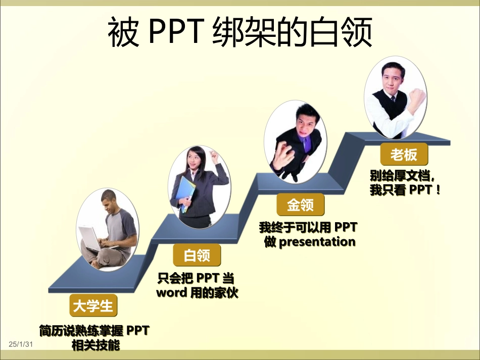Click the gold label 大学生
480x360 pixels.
coord(93,306)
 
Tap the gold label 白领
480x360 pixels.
coord(197,255)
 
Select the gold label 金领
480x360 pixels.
coord(301,205)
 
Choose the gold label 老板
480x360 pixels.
coord(403,154)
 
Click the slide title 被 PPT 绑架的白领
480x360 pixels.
coord(240,33)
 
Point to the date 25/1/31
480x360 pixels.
coord(21,344)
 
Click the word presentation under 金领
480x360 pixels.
coord(317,242)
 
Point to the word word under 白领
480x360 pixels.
coord(171,293)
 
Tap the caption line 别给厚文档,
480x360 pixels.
coord(402,176)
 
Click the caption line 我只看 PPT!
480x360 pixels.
coord(405,191)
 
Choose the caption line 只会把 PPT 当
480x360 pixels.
coord(196,278)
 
